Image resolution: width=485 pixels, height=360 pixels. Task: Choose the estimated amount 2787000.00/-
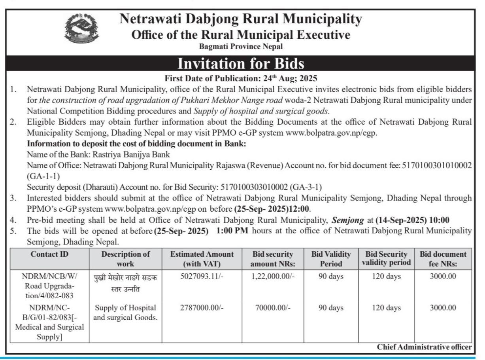203,307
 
